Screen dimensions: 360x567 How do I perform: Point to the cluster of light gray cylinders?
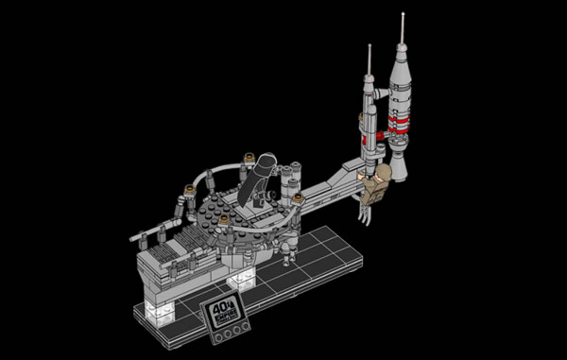click(x=287, y=182)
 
